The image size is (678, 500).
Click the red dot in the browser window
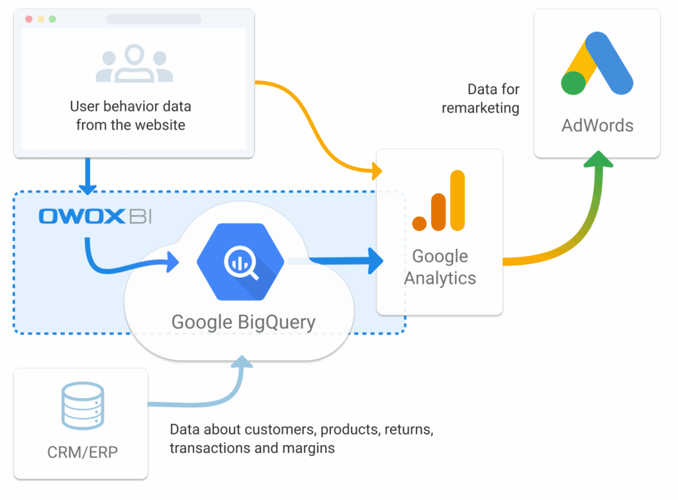point(29,19)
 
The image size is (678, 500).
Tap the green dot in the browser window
point(52,19)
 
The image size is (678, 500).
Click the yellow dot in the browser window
point(40,19)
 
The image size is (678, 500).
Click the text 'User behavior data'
point(130,106)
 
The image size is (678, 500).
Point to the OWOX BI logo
point(95,217)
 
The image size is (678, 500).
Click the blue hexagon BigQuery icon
point(240,262)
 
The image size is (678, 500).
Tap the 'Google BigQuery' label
point(244,323)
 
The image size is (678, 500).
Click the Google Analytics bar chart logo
point(439,201)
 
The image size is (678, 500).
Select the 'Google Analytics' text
point(440,267)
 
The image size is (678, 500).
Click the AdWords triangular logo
point(597,63)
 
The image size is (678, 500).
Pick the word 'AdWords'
point(597,125)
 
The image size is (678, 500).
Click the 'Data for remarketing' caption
point(481,98)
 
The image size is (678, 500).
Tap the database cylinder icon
point(83,406)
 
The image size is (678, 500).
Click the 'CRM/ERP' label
point(83,452)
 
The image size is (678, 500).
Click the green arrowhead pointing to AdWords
point(599,159)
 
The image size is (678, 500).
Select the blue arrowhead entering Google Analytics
point(375,261)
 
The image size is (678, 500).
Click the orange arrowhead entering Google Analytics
point(377,171)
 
